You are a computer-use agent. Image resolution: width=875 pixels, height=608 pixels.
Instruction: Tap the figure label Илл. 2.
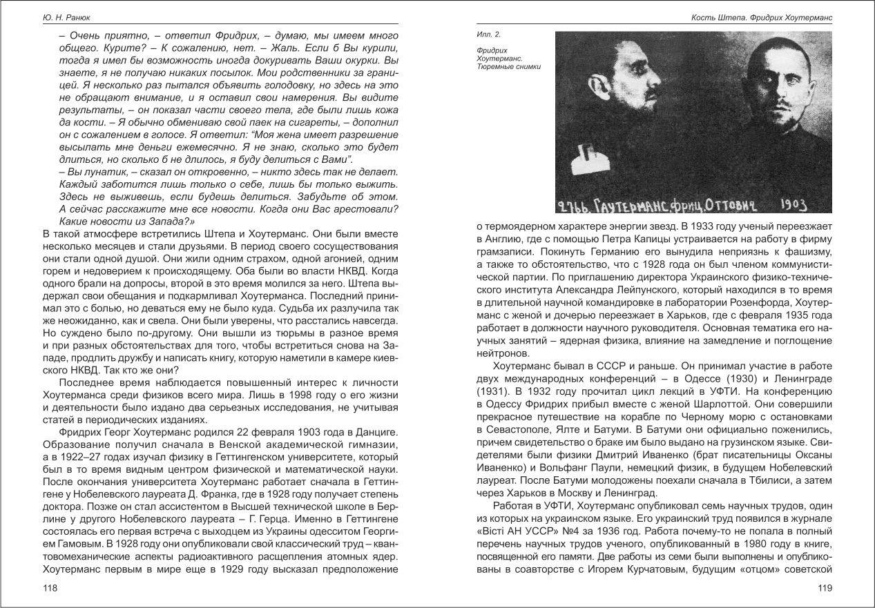point(489,34)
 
